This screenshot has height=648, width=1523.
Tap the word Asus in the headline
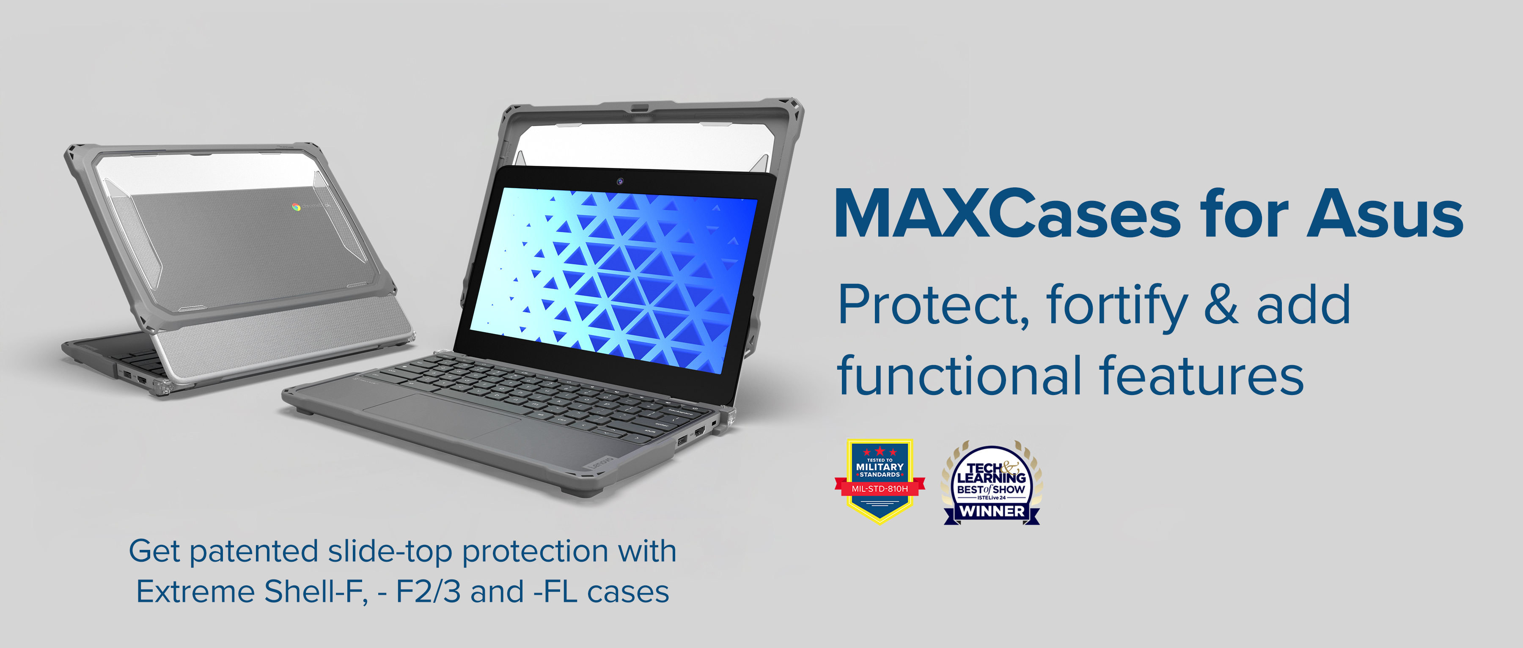point(1385,214)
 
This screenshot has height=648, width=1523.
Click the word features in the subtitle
point(1201,376)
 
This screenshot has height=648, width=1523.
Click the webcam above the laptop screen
point(620,181)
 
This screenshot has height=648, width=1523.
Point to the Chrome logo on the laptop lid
point(296,207)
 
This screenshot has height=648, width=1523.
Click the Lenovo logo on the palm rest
point(602,463)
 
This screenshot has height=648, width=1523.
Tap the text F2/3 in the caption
point(428,592)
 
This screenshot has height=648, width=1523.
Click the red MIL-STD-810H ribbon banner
point(880,489)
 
